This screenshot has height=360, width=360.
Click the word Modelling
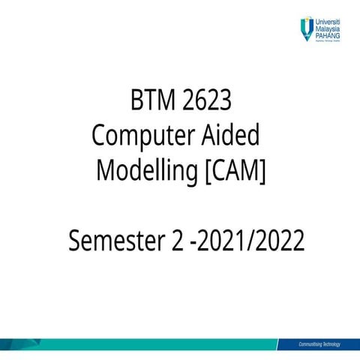pyautogui.click(x=147, y=172)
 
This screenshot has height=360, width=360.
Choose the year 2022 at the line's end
pyautogui.click(x=279, y=242)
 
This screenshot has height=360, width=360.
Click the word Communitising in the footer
pyautogui.click(x=310, y=344)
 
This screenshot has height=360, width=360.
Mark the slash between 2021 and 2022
pyautogui.click(x=250, y=242)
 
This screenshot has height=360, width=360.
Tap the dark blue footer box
pyautogui.click(x=319, y=344)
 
